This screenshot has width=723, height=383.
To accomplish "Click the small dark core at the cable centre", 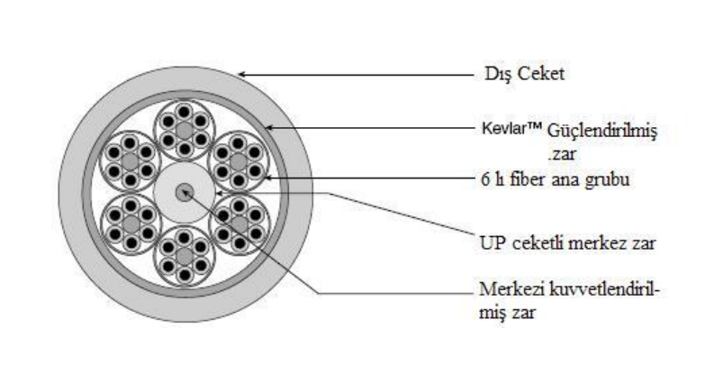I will point(185,192).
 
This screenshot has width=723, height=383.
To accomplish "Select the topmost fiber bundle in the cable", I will point(185,128).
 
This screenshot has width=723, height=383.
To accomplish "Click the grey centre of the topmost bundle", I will point(185,128).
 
